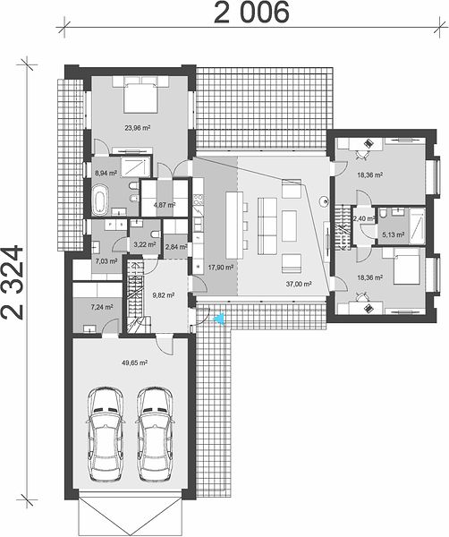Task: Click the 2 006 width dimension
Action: (x=252, y=13)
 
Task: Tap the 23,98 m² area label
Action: (x=138, y=128)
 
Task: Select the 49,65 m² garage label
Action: (x=135, y=362)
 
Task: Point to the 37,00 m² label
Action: (x=299, y=284)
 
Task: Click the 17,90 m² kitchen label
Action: (x=220, y=267)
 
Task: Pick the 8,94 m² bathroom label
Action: (x=106, y=173)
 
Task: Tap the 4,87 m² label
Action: (x=165, y=205)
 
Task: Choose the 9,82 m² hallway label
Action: (x=164, y=294)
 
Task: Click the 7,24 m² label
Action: (x=102, y=307)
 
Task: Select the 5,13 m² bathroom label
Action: (x=393, y=234)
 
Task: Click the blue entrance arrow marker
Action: (x=218, y=319)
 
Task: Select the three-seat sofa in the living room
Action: (x=267, y=226)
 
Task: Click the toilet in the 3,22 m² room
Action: (x=156, y=234)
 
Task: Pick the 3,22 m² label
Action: (x=145, y=244)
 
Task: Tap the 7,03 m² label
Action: (x=106, y=261)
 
